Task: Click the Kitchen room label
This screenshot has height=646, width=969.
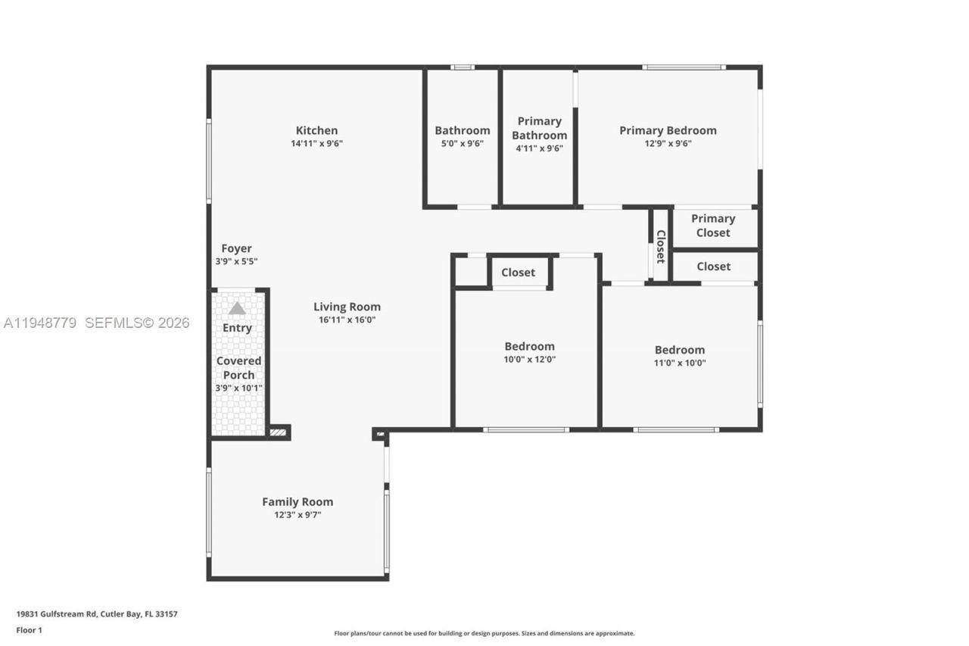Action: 316,130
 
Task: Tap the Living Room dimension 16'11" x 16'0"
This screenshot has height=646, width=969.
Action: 347,320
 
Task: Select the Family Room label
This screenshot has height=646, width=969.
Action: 298,501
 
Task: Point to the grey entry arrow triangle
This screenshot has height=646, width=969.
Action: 237,308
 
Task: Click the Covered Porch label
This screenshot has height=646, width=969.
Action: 238,368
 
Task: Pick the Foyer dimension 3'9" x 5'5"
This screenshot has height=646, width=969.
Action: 236,261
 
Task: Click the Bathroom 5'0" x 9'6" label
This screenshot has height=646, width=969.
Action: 462,130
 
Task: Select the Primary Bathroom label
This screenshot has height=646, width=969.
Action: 539,128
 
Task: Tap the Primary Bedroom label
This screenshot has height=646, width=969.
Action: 668,130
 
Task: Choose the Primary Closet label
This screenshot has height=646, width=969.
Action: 713,226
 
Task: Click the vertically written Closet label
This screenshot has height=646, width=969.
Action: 661,247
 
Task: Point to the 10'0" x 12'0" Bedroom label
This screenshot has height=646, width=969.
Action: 530,346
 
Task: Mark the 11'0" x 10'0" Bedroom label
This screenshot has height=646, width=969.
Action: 680,350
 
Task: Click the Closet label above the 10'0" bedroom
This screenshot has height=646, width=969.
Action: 518,273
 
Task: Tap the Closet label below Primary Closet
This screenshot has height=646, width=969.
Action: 713,267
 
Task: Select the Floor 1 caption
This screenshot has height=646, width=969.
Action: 30,630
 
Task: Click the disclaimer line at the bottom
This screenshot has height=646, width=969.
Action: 484,633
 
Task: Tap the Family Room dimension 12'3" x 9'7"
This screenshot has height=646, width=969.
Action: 298,515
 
